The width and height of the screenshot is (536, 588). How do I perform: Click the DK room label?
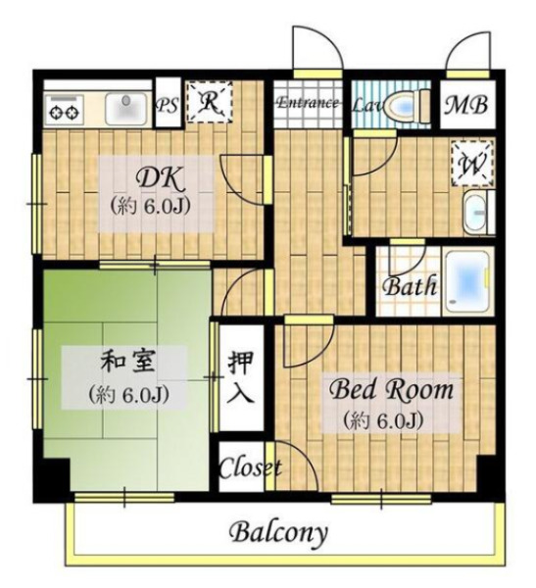(x=161, y=179)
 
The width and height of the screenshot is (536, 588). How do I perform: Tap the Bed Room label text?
(x=391, y=390)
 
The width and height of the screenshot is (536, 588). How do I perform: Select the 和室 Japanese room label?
(x=127, y=363)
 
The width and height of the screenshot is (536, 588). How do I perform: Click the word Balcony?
(x=278, y=532)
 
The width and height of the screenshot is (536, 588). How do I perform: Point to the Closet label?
(x=250, y=468)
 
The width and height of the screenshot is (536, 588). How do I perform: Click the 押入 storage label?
(x=241, y=377)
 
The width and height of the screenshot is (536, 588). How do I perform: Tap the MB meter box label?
(x=466, y=105)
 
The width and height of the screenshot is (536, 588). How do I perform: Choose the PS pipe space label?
(x=167, y=106)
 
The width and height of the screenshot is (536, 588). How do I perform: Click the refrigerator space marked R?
(x=210, y=101)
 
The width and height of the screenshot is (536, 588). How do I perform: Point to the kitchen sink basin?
(x=126, y=109)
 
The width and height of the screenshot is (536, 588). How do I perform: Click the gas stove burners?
(x=63, y=110)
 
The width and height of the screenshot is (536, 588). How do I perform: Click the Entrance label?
(x=308, y=102)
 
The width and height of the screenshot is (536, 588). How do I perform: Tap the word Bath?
(x=410, y=286)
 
